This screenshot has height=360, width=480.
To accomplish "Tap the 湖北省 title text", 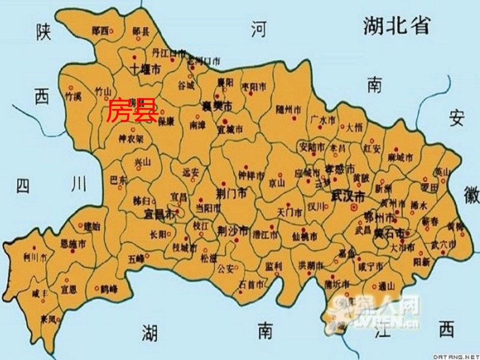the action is click(397, 25).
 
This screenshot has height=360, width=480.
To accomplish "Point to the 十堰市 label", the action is click(145, 69).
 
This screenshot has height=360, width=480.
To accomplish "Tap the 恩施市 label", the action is click(73, 244).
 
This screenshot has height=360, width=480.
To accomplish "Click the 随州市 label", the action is click(290, 109).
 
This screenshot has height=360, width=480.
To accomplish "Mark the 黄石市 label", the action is click(393, 234).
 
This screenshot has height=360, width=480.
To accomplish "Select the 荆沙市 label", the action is click(232, 231).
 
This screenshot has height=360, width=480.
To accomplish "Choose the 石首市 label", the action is click(252, 285).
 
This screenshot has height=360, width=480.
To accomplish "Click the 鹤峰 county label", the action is click(109, 289).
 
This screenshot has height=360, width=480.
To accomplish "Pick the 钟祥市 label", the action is click(251, 176).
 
